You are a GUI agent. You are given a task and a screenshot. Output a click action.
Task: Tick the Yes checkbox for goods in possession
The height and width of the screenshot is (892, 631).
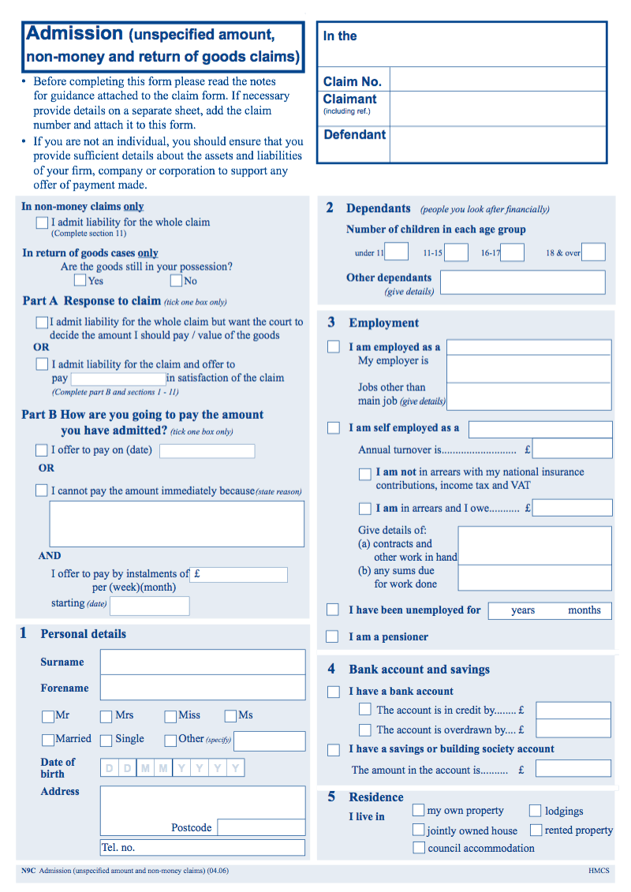point(80,280)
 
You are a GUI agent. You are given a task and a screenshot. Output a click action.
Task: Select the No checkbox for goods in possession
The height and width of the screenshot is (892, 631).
point(176,280)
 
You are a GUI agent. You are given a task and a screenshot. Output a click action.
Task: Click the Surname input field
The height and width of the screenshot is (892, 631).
point(203,662)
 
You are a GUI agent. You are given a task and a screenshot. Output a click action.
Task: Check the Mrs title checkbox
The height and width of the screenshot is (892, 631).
point(106,716)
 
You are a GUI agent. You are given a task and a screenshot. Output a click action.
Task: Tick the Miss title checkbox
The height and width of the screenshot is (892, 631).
point(170,716)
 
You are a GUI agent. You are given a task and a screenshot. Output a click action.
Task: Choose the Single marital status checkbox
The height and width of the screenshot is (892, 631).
point(106,740)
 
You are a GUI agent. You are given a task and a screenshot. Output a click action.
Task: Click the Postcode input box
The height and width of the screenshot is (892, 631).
point(261,827)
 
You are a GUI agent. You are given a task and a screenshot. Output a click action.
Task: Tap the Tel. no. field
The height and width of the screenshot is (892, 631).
point(203,848)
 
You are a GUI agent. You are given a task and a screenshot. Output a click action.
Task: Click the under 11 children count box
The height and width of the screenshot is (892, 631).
point(397,252)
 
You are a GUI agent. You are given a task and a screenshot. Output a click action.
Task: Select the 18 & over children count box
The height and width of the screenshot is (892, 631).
point(593,252)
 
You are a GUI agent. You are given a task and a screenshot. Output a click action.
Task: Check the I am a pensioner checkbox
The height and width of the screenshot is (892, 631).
point(334,636)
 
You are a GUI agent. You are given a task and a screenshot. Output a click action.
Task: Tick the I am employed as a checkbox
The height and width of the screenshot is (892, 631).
point(334,347)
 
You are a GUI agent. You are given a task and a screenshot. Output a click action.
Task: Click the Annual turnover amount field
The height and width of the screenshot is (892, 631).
point(573,450)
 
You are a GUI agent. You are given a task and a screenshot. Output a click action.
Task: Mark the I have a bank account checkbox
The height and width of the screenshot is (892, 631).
point(334,692)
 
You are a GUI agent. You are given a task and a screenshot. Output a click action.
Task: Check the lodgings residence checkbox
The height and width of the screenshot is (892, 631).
point(536,811)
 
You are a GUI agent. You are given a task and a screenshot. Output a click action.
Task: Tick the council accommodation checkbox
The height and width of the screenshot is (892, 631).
point(419,848)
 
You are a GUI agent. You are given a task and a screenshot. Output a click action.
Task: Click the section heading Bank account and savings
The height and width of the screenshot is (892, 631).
point(419,670)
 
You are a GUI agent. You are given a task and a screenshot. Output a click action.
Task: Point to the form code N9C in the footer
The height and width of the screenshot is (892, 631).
point(28,871)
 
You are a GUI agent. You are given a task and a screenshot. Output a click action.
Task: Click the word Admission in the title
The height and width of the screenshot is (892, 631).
point(75,33)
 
